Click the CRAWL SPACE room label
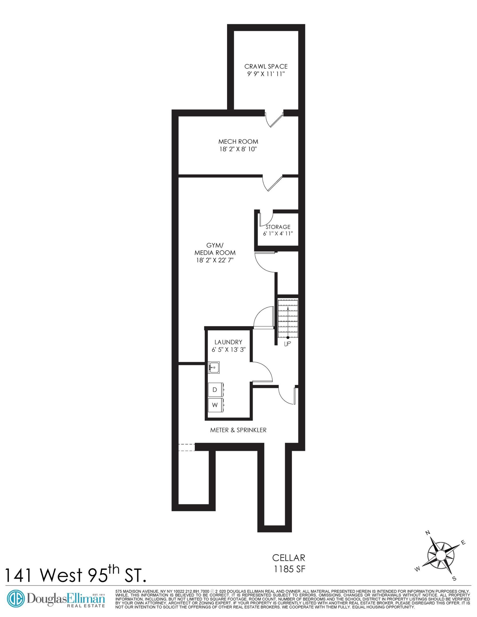coord(266,66)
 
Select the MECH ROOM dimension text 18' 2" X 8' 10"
coord(238,149)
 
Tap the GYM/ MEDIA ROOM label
coord(215,249)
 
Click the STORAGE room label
coord(278,227)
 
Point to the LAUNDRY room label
coord(228,342)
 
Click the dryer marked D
coord(215,390)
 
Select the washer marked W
coord(215,405)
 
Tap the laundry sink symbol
coord(214,367)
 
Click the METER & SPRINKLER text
coord(238,430)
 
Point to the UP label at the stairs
coord(287,344)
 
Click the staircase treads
coord(288,317)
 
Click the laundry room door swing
coord(263,371)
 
